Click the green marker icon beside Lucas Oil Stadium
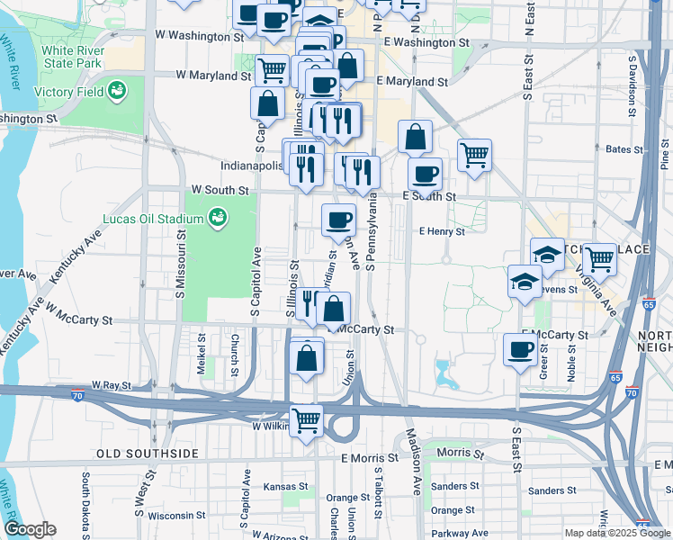click(216, 217)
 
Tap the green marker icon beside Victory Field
click(116, 91)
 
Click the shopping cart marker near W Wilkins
click(306, 419)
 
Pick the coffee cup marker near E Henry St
click(338, 220)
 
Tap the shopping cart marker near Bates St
click(473, 155)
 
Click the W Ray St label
click(112, 385)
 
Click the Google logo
click(30, 529)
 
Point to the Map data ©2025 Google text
click(617, 533)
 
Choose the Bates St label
click(620, 149)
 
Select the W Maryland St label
click(212, 76)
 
